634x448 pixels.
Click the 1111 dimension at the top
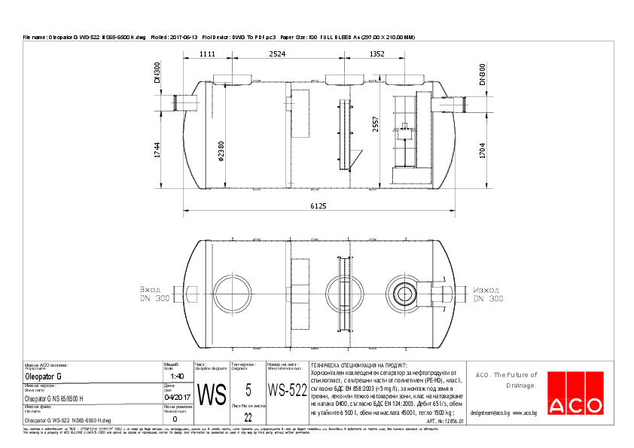[x=208, y=54]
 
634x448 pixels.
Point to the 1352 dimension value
[x=376, y=54]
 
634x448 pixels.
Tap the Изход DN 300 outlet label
[x=488, y=294]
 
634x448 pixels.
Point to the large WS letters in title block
[x=211, y=394]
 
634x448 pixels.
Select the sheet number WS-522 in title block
[x=287, y=390]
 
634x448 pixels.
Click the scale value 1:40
[x=178, y=376]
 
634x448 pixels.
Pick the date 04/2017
[x=177, y=398]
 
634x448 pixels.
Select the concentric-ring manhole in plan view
[x=404, y=291]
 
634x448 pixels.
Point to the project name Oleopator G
[x=44, y=376]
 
